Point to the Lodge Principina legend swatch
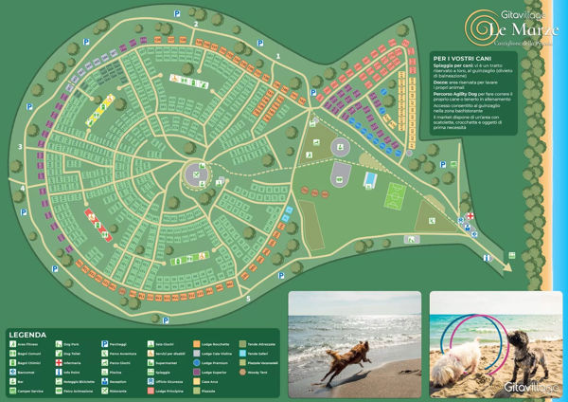150,391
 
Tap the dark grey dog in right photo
524,351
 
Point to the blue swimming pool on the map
371,180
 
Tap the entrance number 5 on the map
248,299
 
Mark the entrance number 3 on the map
20,148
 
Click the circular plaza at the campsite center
194,173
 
